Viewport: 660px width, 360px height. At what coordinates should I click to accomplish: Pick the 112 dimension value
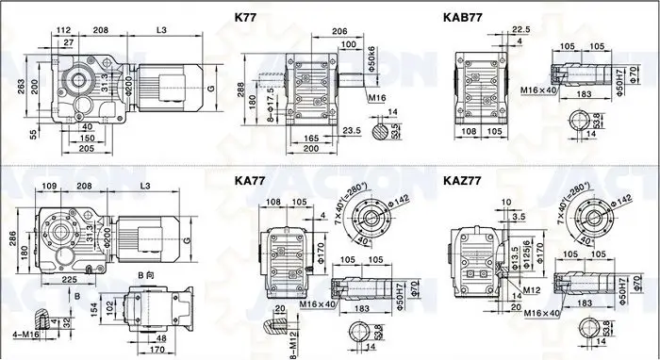click(x=64, y=30)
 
